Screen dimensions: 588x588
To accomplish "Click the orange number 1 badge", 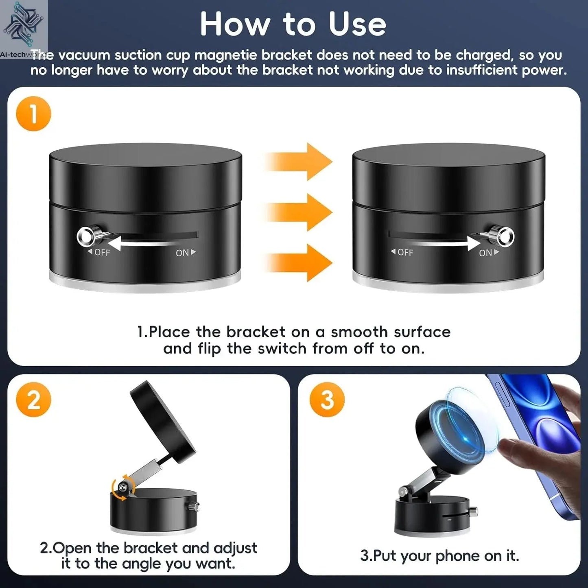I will [x=33, y=114].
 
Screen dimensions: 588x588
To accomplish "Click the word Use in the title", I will [x=357, y=24].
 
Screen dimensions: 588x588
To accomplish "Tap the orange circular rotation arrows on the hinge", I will [x=122, y=487].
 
